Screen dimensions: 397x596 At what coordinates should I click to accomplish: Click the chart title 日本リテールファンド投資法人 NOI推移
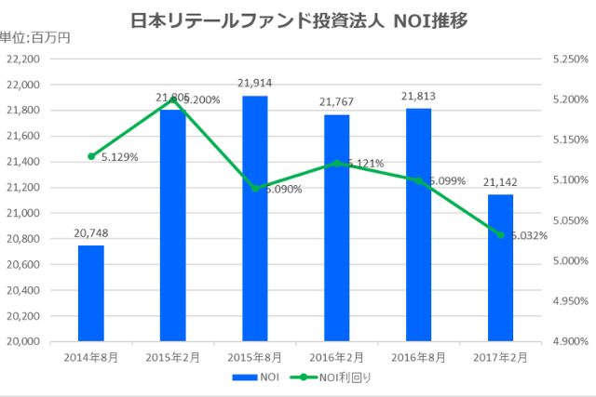click(298, 16)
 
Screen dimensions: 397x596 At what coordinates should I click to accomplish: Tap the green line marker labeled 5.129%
click(91, 156)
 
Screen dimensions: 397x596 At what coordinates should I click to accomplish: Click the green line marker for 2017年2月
click(500, 234)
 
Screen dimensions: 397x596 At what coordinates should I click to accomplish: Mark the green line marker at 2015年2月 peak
click(172, 99)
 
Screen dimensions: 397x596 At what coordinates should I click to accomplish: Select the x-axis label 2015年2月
click(172, 356)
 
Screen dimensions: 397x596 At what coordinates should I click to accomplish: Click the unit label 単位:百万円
click(34, 38)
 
